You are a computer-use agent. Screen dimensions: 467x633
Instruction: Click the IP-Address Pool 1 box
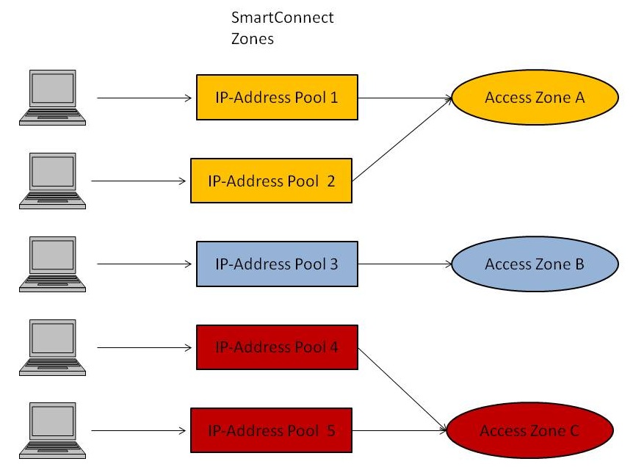click(x=276, y=97)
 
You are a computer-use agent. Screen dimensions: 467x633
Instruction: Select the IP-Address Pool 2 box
click(x=271, y=181)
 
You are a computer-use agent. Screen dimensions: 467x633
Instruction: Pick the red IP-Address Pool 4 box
click(x=276, y=347)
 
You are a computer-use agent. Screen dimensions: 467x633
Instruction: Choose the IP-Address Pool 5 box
click(x=271, y=430)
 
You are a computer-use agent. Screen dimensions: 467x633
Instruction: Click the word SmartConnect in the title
click(x=282, y=18)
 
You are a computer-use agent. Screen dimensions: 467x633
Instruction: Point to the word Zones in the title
click(x=253, y=40)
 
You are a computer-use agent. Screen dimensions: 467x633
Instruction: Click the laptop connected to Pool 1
click(x=46, y=97)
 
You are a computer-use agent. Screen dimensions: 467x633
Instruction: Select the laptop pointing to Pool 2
click(x=46, y=180)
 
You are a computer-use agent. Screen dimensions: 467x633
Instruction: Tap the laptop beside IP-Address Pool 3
click(x=46, y=263)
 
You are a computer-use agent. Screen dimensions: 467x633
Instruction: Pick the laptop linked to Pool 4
click(x=46, y=347)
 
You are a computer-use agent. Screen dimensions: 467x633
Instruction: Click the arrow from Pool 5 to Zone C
click(x=400, y=430)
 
